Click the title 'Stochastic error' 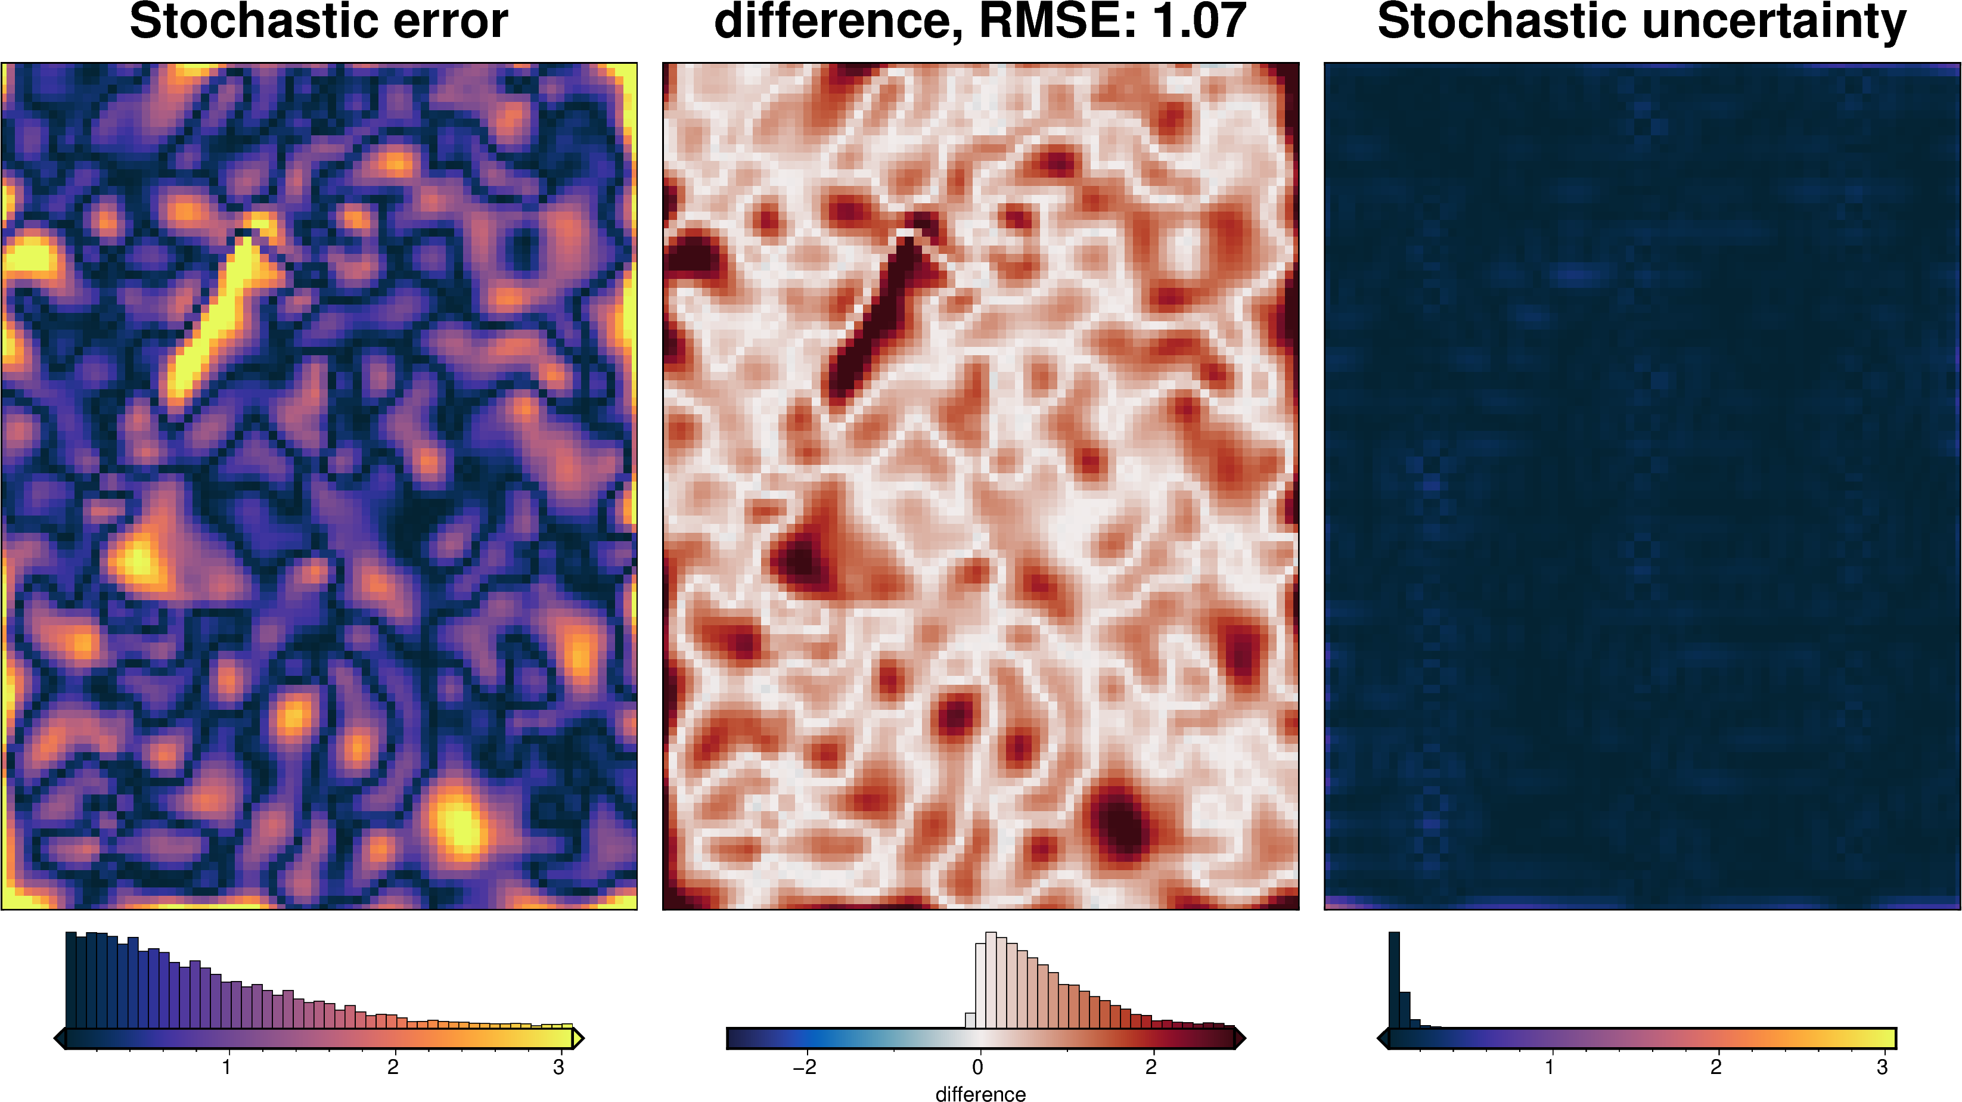pos(318,21)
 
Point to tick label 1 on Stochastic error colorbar pos(226,1067)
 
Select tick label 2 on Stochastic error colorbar pos(392,1067)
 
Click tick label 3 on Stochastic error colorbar pos(558,1067)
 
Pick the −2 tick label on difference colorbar pos(805,1067)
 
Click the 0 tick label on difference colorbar pos(978,1067)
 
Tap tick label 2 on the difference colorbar pos(1151,1067)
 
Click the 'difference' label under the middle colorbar pos(980,1094)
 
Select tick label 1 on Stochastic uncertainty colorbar pos(1549,1067)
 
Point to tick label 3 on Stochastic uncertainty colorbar pos(1882,1067)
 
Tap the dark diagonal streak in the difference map pos(876,320)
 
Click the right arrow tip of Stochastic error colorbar pos(580,1038)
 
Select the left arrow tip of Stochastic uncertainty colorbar pos(1382,1038)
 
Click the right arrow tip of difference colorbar pos(1241,1038)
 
